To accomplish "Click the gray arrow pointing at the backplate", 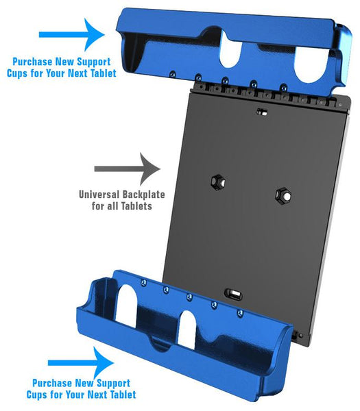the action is coord(128,169).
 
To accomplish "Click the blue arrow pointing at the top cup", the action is coord(72,35).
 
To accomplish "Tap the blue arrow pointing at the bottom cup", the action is coord(81,363).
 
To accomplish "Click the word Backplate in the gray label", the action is coord(144,195).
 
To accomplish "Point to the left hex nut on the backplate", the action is coord(218,182).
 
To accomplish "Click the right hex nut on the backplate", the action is coord(284,195).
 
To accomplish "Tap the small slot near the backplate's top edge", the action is coord(262,112).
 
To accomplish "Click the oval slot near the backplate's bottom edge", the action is coord(234,294).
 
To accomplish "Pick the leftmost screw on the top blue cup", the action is coord(172,74).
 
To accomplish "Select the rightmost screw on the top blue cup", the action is coord(284,87).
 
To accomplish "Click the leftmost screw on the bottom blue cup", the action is coord(143,282).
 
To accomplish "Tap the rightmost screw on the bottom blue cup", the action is coord(240,313).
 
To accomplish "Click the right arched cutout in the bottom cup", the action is coord(188,331).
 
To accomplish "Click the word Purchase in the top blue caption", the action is coord(32,62).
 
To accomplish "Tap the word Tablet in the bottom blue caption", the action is coord(123,395).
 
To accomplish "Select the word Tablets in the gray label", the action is coord(136,206).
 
